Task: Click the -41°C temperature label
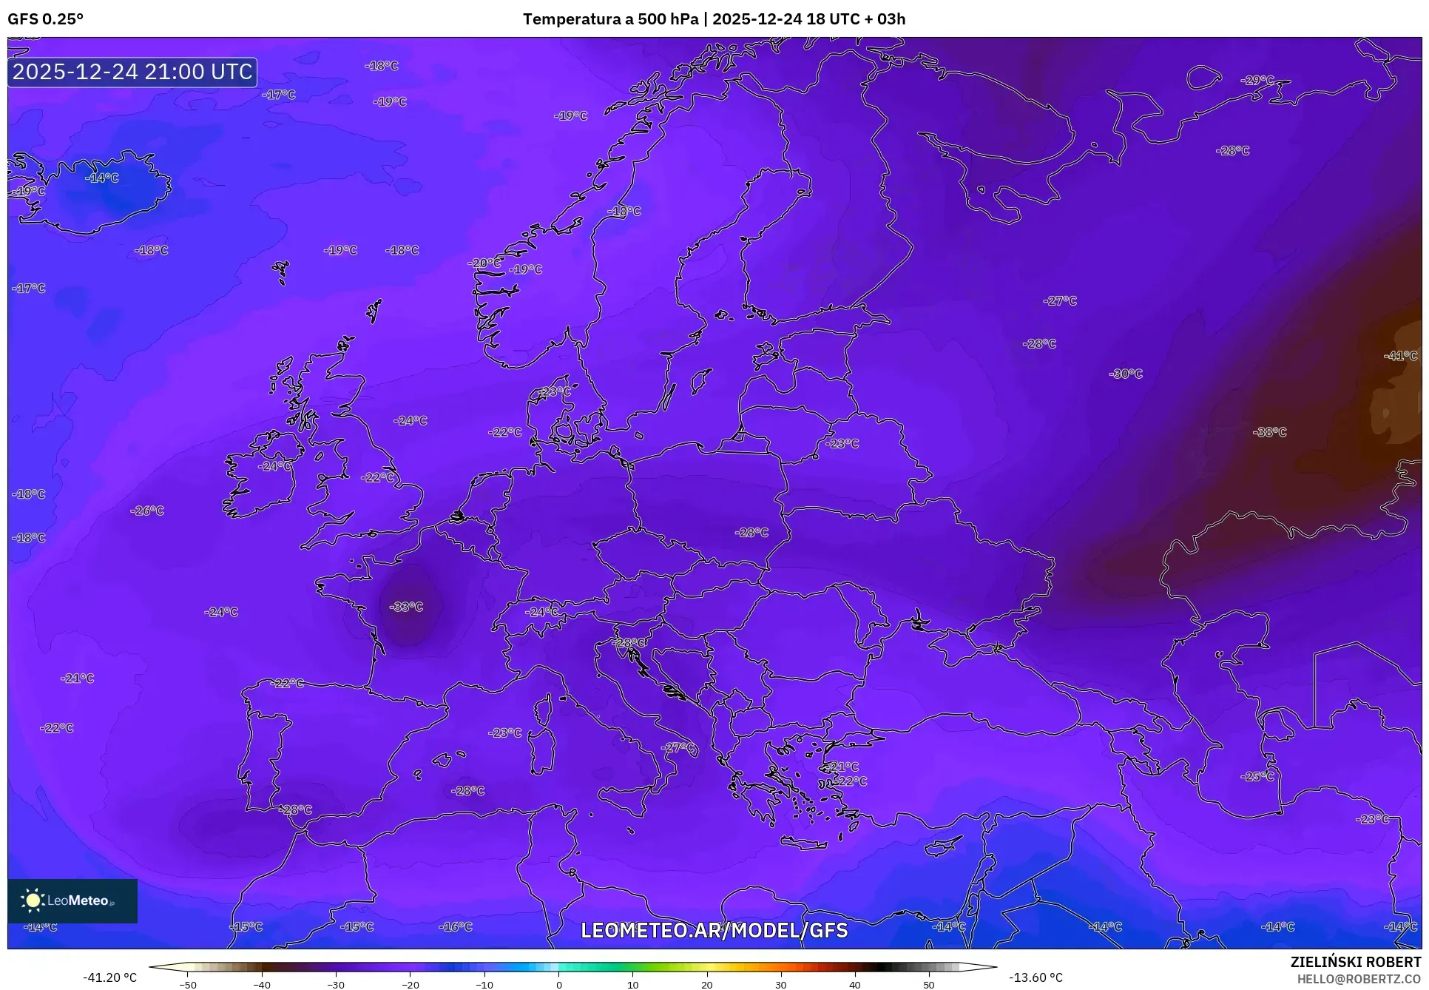pyautogui.click(x=1400, y=356)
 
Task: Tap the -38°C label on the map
pyautogui.click(x=1270, y=432)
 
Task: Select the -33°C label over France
pyautogui.click(x=406, y=607)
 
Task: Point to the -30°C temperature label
pyautogui.click(x=1126, y=374)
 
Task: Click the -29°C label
pyautogui.click(x=1257, y=80)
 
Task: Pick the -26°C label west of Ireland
pyautogui.click(x=147, y=511)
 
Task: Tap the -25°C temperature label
pyautogui.click(x=1257, y=776)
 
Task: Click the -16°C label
pyautogui.click(x=455, y=926)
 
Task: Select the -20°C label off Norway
pyautogui.click(x=484, y=263)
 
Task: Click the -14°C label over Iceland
pyautogui.click(x=101, y=178)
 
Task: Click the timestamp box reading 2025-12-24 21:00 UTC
pyautogui.click(x=132, y=72)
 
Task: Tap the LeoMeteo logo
pyautogui.click(x=72, y=900)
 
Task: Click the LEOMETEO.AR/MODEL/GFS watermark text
pyautogui.click(x=714, y=930)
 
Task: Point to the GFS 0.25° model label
pyautogui.click(x=45, y=19)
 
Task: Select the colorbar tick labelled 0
pyautogui.click(x=558, y=984)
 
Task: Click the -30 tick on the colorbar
pyautogui.click(x=336, y=984)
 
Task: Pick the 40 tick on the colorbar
pyautogui.click(x=855, y=984)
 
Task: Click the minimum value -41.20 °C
pyautogui.click(x=109, y=977)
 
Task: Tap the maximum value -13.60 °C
pyautogui.click(x=1036, y=977)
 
